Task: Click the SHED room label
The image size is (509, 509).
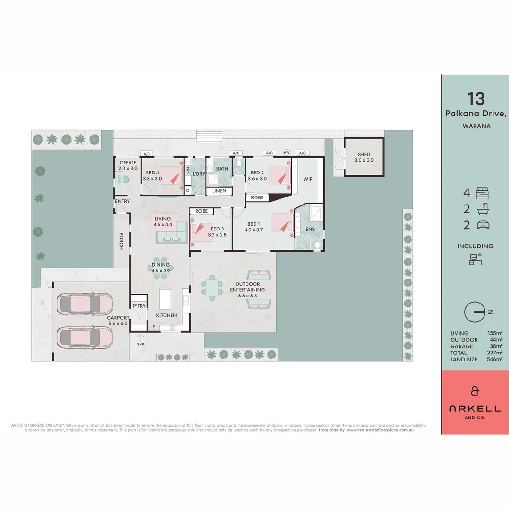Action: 364,154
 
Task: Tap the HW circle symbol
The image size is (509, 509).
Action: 286,153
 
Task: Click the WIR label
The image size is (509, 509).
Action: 308,179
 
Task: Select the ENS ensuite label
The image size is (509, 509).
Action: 310,230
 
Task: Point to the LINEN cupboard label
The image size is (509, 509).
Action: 219,191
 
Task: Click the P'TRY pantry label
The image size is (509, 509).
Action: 139,306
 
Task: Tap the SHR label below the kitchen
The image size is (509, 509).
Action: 140,344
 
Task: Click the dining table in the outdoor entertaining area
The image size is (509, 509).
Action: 213,288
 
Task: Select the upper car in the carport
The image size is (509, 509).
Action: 85,304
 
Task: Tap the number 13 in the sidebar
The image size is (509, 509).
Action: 476,99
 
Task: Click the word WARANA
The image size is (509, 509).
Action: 476,126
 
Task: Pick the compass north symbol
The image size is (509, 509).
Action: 475,312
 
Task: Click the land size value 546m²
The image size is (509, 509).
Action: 494,360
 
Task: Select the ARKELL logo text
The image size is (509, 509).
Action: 475,408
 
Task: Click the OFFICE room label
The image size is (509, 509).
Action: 127,163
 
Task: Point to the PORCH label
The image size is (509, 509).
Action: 121,241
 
